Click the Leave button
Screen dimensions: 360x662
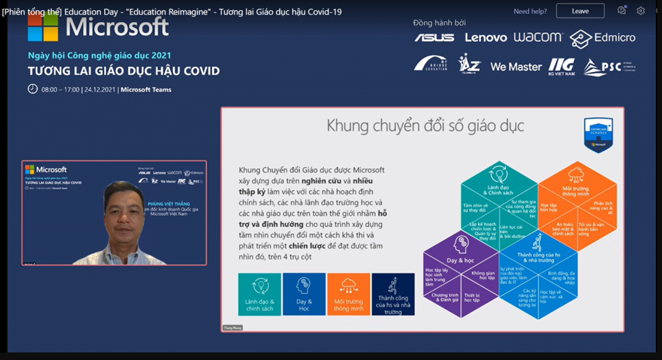(x=580, y=11)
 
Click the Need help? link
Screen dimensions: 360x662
(x=530, y=11)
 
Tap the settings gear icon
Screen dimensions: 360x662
(x=641, y=11)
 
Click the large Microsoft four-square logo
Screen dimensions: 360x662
(x=43, y=27)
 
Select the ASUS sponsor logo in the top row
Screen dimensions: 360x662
(x=434, y=38)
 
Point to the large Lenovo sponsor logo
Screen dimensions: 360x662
(x=486, y=38)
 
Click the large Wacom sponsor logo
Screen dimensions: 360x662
(x=538, y=37)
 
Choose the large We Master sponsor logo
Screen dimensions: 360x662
(x=516, y=67)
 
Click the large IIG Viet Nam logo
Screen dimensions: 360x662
(x=561, y=66)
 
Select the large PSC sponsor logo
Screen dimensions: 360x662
(x=604, y=67)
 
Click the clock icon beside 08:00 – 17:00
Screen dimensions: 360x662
(x=32, y=89)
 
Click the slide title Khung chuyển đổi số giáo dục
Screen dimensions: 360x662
(x=425, y=125)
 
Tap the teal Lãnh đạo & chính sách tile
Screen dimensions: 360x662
(x=259, y=294)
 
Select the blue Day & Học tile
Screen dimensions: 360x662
(x=304, y=294)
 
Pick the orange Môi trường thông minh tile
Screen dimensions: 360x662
(x=348, y=294)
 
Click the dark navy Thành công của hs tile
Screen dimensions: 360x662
(x=393, y=294)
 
